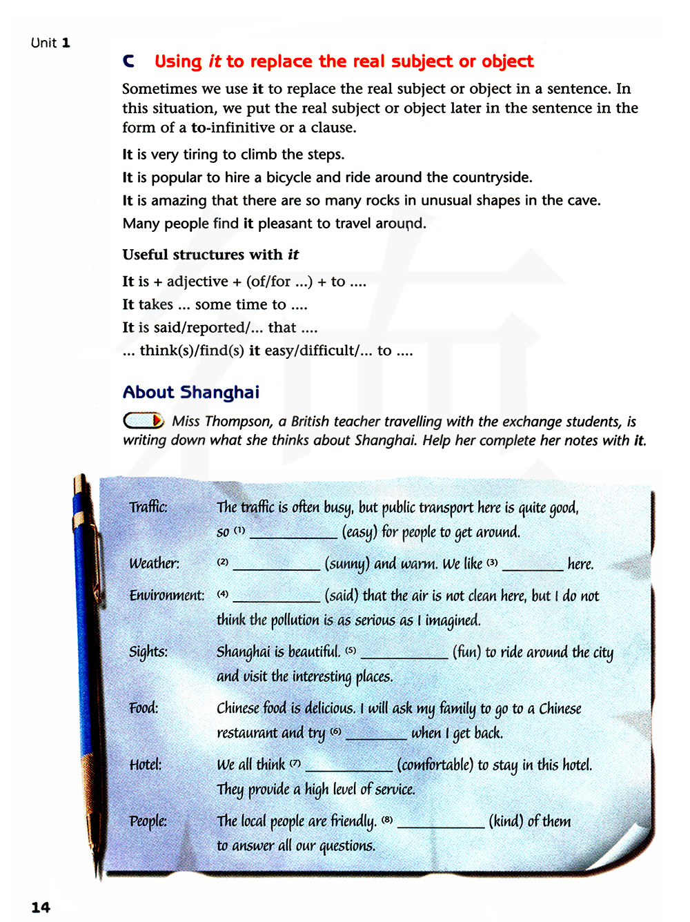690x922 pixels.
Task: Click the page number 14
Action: point(41,907)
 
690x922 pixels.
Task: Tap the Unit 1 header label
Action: point(50,43)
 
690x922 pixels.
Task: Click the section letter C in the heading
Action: point(128,61)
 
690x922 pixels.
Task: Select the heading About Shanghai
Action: point(191,392)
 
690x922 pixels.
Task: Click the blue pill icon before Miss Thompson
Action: point(143,420)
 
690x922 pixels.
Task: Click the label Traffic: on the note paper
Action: point(148,507)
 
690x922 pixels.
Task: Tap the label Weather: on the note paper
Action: point(154,564)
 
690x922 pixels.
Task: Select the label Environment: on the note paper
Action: point(167,596)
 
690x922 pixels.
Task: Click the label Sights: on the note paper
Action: point(148,652)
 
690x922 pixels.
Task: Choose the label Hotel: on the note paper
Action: point(146,765)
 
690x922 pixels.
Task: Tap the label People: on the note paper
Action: point(148,821)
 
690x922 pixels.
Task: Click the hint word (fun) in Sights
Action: point(467,652)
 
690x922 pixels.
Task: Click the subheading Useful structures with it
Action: point(210,255)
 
